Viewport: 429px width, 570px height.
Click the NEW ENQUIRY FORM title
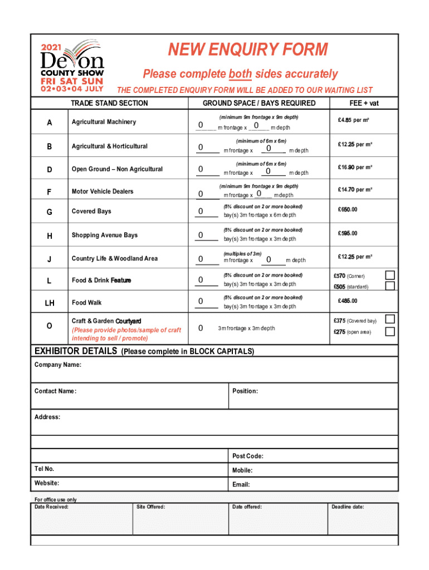click(248, 51)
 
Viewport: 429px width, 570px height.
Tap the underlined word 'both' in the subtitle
click(240, 74)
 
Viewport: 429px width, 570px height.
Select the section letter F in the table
click(50, 192)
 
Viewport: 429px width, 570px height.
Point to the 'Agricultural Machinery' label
click(103, 122)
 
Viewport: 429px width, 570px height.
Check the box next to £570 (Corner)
click(391, 275)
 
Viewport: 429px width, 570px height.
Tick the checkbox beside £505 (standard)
click(391, 286)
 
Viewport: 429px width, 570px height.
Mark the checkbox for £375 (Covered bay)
click(391, 320)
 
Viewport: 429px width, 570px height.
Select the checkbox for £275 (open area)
click(391, 332)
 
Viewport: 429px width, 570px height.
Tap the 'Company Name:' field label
click(58, 365)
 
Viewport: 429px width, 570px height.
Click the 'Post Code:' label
click(248, 456)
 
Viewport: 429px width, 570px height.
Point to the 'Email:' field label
click(241, 485)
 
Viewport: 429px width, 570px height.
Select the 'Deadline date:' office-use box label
click(348, 507)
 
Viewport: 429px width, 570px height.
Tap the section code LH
click(50, 303)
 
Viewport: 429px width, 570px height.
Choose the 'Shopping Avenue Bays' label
click(105, 235)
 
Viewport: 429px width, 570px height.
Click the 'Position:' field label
click(245, 391)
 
